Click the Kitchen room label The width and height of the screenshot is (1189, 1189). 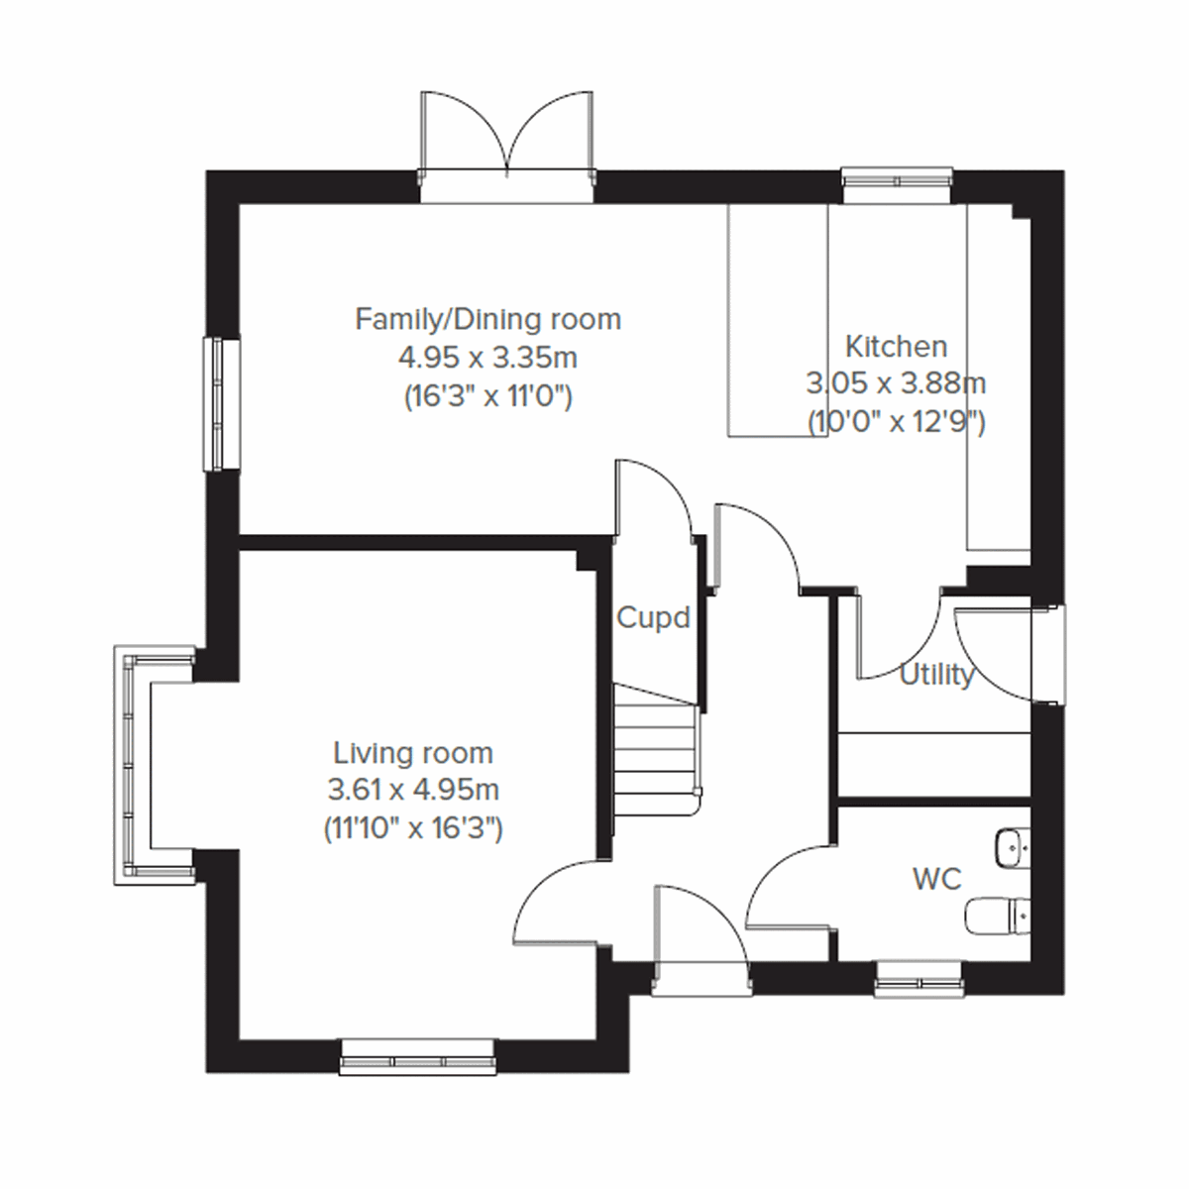[x=896, y=347]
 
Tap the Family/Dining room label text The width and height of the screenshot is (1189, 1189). [x=487, y=320]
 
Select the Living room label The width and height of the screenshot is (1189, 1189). [x=412, y=753]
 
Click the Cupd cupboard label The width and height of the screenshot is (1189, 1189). [x=652, y=618]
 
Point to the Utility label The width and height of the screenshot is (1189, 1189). [x=935, y=676]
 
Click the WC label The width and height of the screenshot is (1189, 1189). [x=936, y=878]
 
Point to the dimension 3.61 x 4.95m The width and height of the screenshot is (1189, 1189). [x=412, y=791]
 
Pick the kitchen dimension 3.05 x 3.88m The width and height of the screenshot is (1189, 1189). [x=896, y=383]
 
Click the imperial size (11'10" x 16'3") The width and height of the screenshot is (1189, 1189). [x=412, y=828]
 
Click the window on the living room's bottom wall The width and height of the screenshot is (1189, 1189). [x=417, y=1057]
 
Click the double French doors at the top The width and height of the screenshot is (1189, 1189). [x=507, y=139]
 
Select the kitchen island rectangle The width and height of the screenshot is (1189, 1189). [x=778, y=319]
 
